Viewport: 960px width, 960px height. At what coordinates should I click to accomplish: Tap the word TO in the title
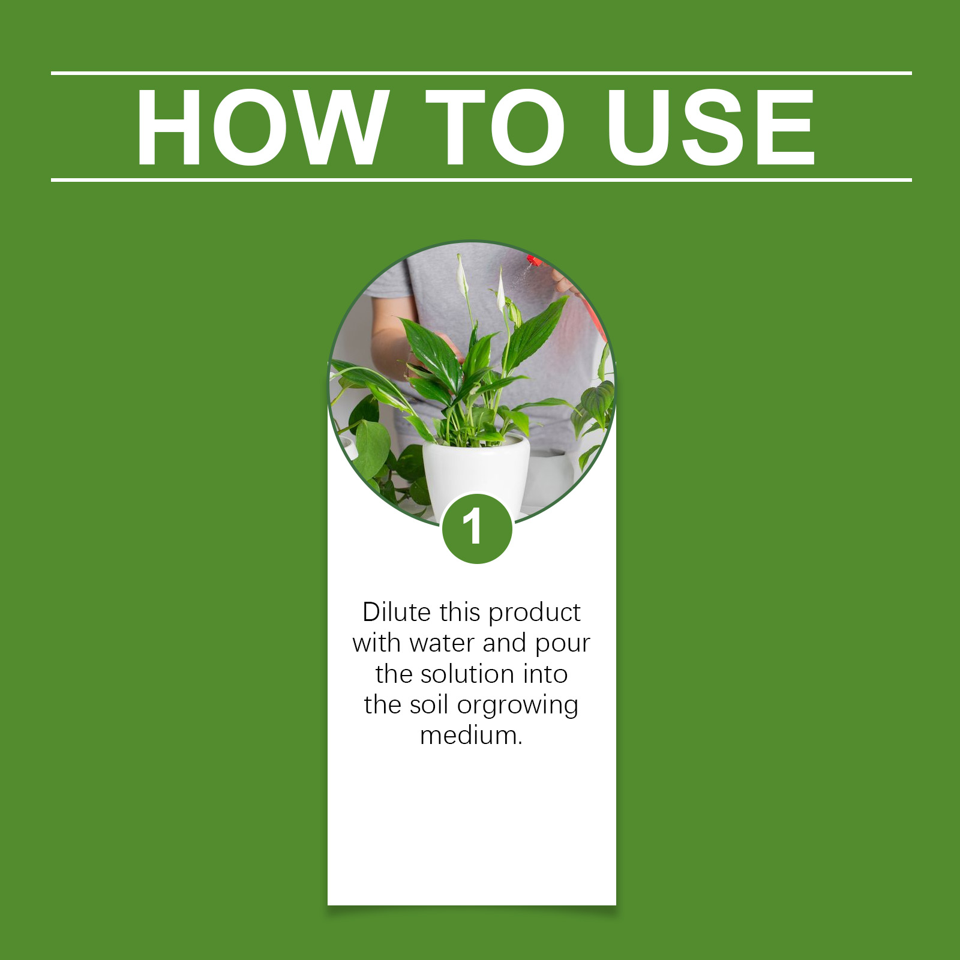tap(496, 127)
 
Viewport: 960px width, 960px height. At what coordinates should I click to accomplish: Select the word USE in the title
tap(711, 127)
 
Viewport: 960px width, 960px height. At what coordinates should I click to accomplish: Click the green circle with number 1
tap(477, 529)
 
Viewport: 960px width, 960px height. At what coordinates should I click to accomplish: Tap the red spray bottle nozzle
tap(533, 261)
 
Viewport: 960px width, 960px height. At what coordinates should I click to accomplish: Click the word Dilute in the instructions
tap(397, 612)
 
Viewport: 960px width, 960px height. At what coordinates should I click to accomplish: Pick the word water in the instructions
tap(442, 644)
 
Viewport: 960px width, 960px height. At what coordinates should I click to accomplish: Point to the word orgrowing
tap(518, 706)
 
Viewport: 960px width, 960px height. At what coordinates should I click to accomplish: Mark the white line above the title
tap(481, 73)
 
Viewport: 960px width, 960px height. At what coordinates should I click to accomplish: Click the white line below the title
tap(481, 179)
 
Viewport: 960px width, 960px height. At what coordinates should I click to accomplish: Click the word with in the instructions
tap(376, 643)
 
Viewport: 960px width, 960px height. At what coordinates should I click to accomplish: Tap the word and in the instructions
tap(505, 643)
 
